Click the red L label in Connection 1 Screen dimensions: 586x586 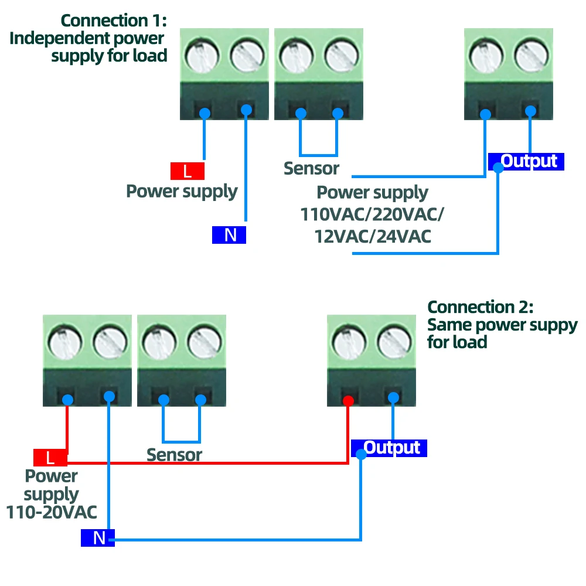(x=188, y=171)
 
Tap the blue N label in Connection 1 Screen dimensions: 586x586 (x=229, y=235)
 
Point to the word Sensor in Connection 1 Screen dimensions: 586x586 (x=311, y=169)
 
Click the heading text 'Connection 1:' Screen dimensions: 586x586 (x=114, y=21)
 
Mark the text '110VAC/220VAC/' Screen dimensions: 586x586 (x=372, y=214)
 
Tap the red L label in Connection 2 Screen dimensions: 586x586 (x=50, y=457)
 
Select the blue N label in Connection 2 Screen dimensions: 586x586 (x=98, y=537)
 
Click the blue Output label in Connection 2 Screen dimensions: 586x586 (x=390, y=448)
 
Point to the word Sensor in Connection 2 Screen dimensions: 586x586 (x=174, y=455)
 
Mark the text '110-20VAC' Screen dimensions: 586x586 (x=52, y=512)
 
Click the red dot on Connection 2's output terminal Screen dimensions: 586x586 (x=347, y=401)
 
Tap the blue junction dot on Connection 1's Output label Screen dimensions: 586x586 (x=498, y=168)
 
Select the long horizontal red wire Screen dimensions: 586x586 (x=205, y=463)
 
